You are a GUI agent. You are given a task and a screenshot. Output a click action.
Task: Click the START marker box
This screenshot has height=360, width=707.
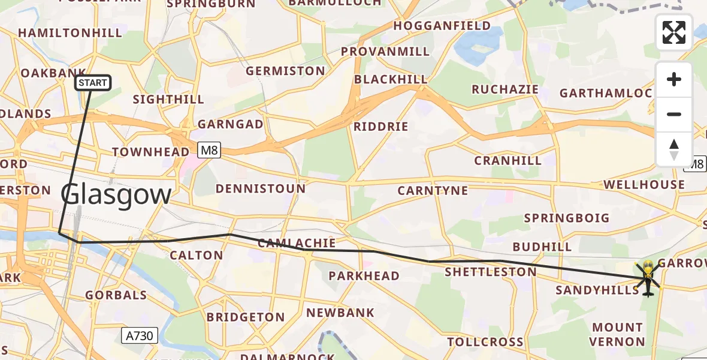click(x=93, y=83)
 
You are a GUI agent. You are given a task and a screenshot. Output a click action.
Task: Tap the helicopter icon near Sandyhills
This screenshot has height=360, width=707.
click(x=648, y=278)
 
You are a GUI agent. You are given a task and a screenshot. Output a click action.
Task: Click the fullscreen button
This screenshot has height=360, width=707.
click(x=674, y=32)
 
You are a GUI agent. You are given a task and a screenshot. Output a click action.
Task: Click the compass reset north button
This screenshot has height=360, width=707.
click(x=674, y=149)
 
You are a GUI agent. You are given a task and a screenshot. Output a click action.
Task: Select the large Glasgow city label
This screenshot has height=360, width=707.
click(x=116, y=196)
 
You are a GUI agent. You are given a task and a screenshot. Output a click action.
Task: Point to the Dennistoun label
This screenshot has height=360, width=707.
click(x=261, y=188)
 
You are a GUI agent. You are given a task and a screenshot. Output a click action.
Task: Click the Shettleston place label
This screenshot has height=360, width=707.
click(x=491, y=272)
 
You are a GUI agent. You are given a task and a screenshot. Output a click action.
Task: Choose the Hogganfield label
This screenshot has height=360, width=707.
click(x=442, y=26)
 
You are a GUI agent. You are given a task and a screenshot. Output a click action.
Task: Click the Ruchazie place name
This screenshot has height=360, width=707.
click(x=505, y=89)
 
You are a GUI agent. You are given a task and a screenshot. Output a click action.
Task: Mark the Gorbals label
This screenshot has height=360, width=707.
click(x=116, y=295)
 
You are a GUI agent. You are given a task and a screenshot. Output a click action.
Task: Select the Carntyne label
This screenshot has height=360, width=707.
click(x=433, y=191)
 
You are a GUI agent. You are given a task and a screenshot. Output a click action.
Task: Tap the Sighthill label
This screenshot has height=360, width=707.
click(x=168, y=100)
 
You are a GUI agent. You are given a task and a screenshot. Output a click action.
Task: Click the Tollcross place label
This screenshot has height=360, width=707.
click(x=485, y=342)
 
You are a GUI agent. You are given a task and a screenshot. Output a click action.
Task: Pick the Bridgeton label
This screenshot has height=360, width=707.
click(x=246, y=317)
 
